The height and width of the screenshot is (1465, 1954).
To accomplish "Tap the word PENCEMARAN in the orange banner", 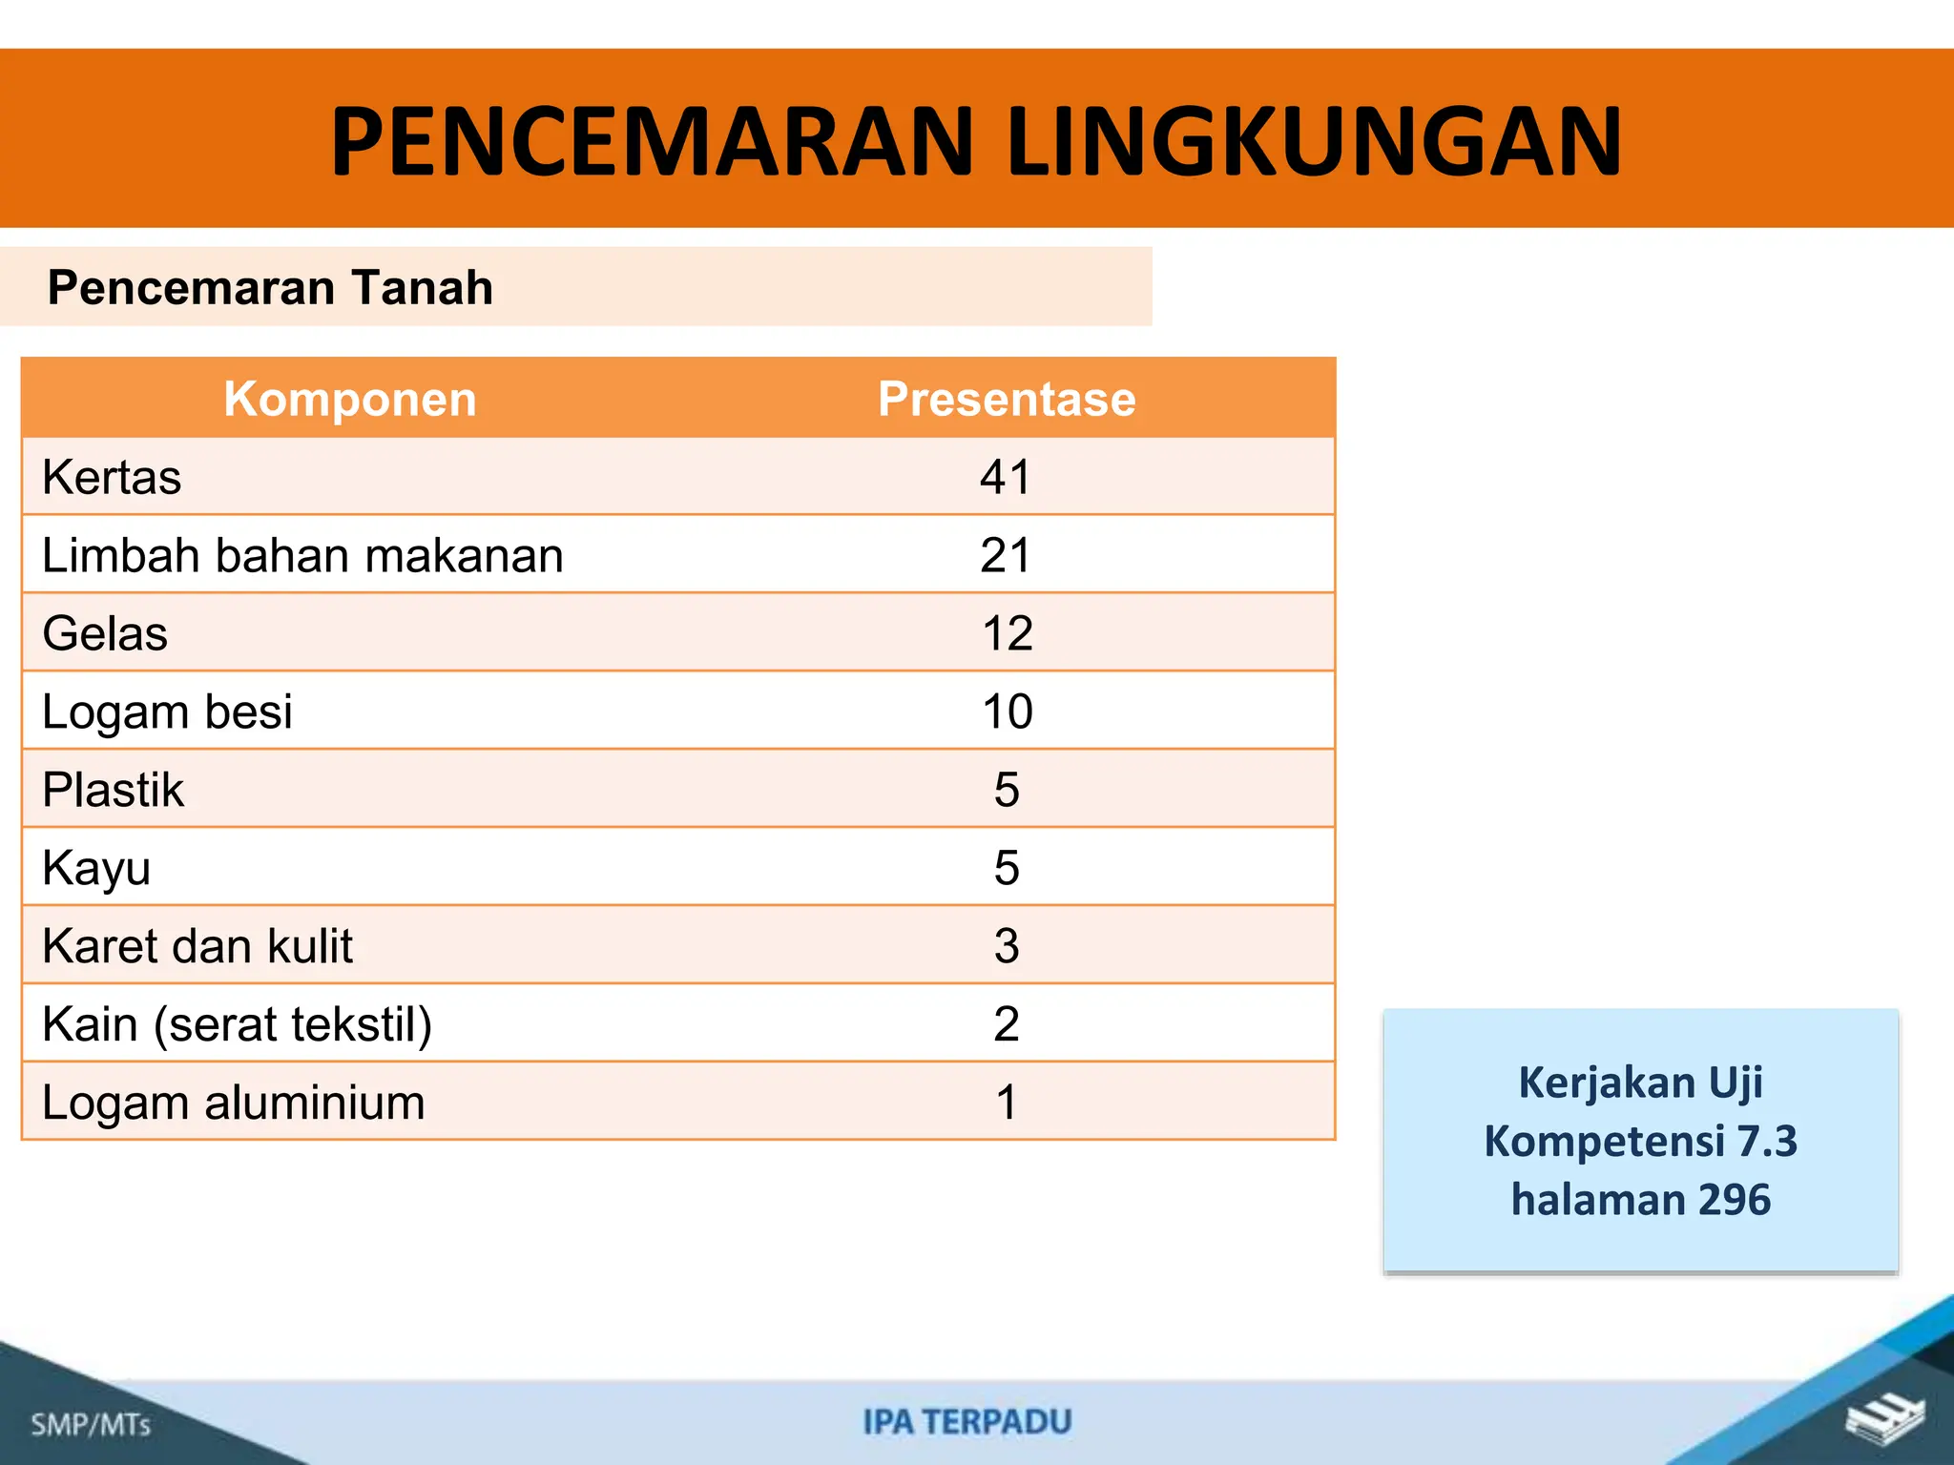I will [x=652, y=141].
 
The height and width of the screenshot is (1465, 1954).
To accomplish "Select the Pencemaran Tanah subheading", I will [x=270, y=287].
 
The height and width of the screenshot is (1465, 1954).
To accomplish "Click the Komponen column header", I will [x=350, y=399].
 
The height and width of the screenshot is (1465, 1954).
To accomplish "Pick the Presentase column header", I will [x=1007, y=399].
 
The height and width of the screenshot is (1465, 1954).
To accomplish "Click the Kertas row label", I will [x=112, y=477].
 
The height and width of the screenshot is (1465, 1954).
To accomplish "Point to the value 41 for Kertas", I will [x=1006, y=477].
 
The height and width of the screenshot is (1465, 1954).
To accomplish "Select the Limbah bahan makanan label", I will [x=302, y=555].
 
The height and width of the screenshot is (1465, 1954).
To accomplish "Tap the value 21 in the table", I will [x=1006, y=555].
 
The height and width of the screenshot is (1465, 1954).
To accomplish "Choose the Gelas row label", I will [x=105, y=633].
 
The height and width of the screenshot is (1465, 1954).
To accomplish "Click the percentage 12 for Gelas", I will [x=1007, y=633].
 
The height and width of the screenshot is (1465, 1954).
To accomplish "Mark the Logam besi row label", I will [x=167, y=712].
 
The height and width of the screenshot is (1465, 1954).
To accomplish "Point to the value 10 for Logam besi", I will [x=1007, y=712].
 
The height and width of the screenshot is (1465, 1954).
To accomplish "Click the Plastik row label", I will [x=113, y=790].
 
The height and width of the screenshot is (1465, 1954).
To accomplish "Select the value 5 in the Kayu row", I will [x=1007, y=868].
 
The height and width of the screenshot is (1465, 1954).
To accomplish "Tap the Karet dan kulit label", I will [x=197, y=946].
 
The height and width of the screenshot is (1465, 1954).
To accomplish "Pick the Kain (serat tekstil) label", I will [x=237, y=1024].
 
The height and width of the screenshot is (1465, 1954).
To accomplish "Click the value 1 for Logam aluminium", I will [x=1007, y=1103].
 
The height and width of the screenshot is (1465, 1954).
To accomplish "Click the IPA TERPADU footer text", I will [x=967, y=1422].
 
